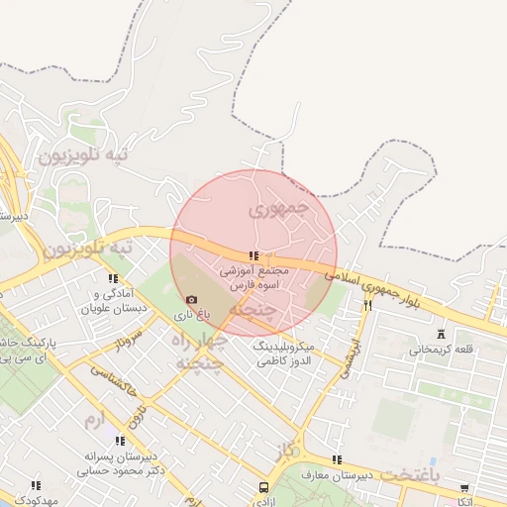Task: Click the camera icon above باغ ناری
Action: [191, 299]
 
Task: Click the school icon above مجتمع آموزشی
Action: [254, 255]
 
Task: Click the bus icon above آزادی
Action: [263, 488]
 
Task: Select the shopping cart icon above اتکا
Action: [464, 487]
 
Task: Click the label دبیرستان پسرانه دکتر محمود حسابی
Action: [120, 463]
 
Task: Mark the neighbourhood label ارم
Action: [94, 422]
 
